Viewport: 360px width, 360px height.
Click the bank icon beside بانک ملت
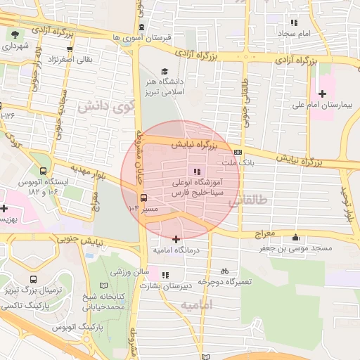tap(238, 151)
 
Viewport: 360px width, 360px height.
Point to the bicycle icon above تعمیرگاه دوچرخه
tap(224, 271)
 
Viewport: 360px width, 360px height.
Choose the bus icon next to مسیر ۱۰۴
tap(143, 198)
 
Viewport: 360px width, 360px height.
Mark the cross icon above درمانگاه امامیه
tap(176, 240)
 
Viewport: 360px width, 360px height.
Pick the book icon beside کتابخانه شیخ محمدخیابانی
tap(104, 285)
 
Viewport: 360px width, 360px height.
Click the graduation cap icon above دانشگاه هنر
tap(164, 71)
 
